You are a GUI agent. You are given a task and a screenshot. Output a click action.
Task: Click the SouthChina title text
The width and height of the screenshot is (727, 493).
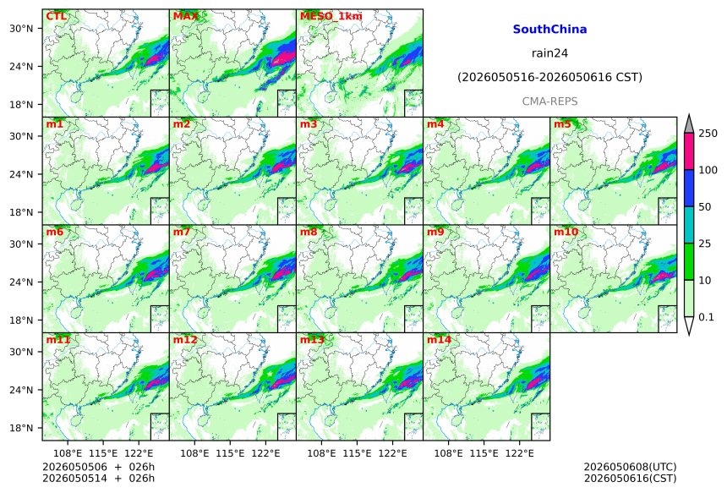point(549,30)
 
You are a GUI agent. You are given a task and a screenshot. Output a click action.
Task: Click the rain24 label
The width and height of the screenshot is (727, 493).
point(549,53)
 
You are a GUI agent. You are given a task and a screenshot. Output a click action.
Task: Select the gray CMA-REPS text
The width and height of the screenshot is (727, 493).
point(549,101)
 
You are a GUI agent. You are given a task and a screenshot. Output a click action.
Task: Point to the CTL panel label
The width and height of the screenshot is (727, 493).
point(56,16)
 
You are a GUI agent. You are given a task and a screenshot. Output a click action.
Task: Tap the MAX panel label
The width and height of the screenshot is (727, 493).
point(185,16)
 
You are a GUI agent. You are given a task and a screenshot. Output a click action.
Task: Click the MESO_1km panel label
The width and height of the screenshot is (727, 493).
point(331,16)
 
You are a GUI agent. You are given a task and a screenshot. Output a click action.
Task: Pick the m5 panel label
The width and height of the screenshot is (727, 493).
point(562,124)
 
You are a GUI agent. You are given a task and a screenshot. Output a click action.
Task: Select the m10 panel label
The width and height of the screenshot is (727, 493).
point(566,232)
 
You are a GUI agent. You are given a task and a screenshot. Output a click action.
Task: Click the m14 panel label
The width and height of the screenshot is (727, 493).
point(439,340)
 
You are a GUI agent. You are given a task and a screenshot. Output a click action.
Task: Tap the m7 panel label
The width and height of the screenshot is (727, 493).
point(182,232)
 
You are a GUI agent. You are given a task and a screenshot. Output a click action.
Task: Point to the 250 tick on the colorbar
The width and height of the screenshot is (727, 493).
point(708,134)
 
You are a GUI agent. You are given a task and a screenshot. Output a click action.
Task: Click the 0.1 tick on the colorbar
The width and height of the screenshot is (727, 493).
point(706,317)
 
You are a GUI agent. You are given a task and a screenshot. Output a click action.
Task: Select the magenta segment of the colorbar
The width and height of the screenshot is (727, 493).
point(689,151)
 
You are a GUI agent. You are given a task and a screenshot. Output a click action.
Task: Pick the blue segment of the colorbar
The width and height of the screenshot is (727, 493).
point(689,188)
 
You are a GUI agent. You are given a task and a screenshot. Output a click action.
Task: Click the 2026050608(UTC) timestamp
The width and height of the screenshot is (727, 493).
point(630,467)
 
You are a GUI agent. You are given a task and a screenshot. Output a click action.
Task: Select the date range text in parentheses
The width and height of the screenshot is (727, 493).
point(549,77)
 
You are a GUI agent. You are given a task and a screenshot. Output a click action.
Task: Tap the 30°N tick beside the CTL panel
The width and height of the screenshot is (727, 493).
point(21,28)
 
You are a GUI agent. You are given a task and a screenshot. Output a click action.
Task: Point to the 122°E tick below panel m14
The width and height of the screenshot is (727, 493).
point(519,453)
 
